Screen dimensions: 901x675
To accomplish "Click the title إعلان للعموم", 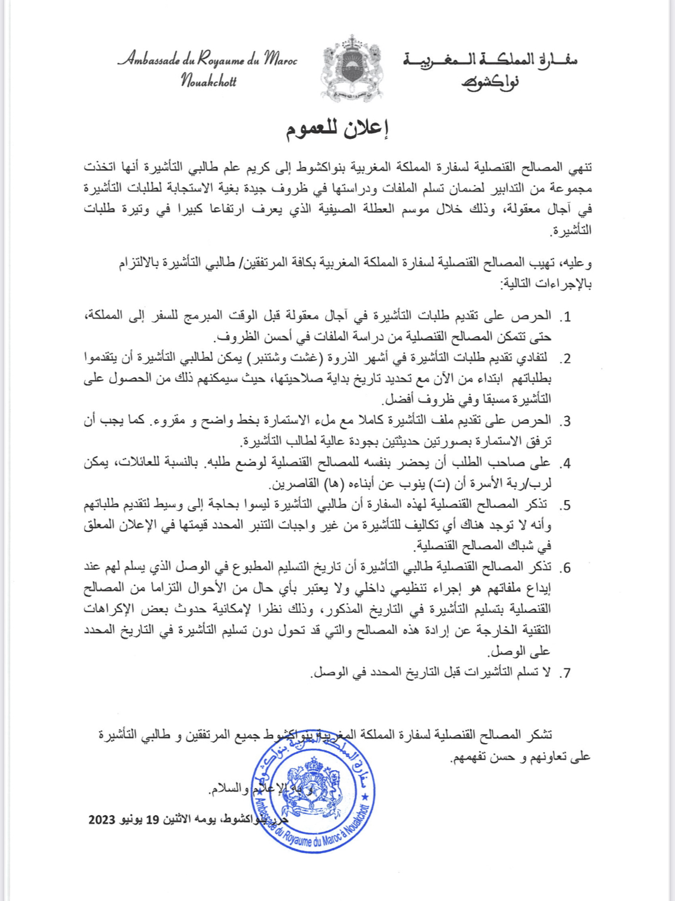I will tap(337, 129).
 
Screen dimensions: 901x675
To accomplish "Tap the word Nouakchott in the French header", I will tap(209, 81).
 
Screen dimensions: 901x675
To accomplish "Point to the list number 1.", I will tap(565, 317).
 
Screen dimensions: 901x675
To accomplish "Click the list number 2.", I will tap(565, 359).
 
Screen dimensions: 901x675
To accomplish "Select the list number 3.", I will tap(565, 421).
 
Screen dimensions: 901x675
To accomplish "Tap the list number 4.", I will tap(565, 463).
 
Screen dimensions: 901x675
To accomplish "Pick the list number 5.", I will tap(565, 505).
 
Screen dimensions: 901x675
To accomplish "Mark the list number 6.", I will tap(565, 568).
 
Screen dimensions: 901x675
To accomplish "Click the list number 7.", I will tap(565, 673).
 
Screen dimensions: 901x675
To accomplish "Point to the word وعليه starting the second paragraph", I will tap(578, 263).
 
